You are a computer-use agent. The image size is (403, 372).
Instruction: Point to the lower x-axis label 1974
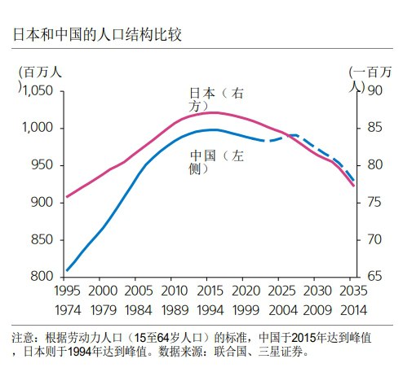tap(67, 310)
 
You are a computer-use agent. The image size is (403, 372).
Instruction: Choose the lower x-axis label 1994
tap(209, 310)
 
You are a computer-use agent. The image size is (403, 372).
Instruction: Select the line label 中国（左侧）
tap(215, 161)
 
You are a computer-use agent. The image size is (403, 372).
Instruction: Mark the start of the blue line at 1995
tap(67, 270)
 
